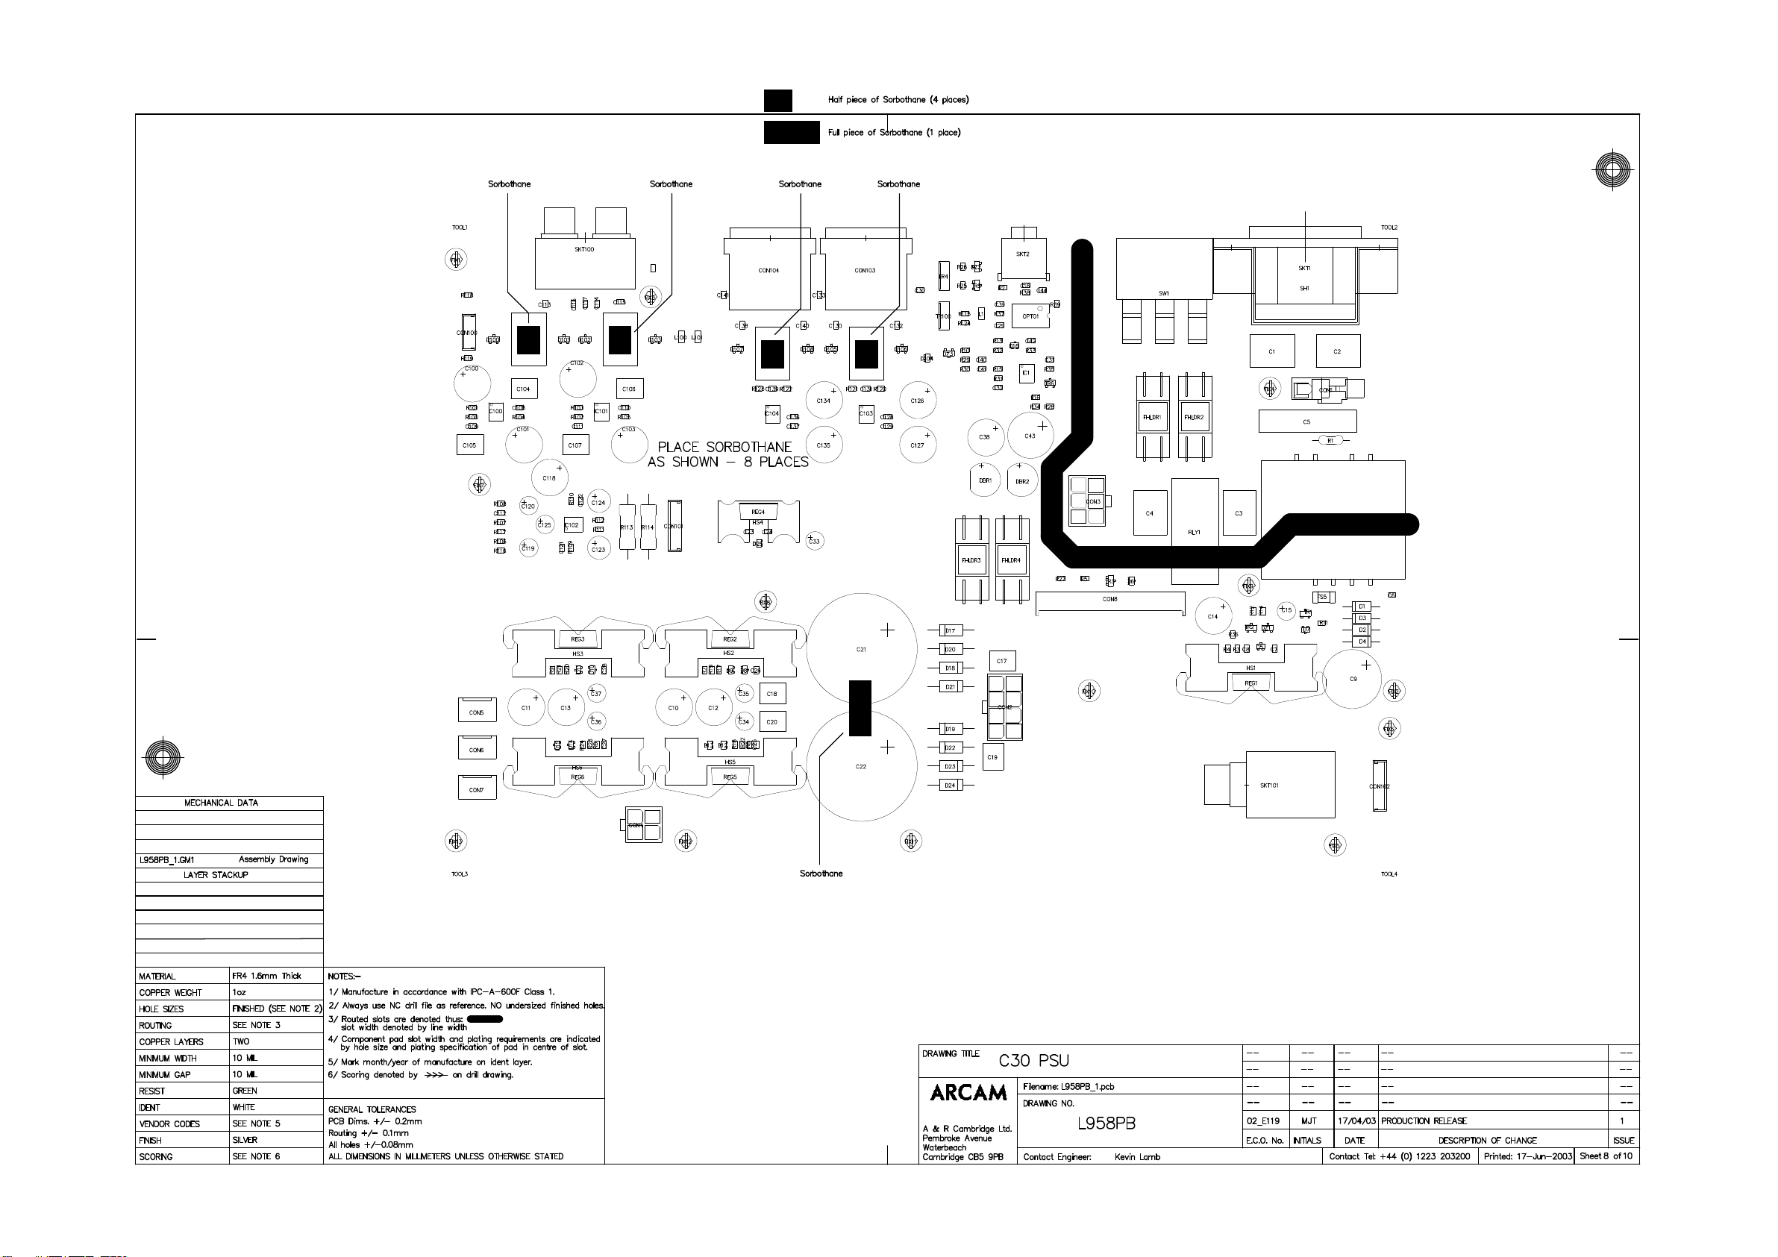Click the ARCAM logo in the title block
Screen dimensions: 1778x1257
(x=968, y=1093)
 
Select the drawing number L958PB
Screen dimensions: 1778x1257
(x=1106, y=1123)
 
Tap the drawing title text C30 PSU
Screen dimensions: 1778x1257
(x=1033, y=1061)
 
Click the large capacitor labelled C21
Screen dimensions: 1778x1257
(x=861, y=649)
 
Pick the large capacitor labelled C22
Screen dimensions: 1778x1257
(x=861, y=767)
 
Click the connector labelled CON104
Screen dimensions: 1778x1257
(x=769, y=271)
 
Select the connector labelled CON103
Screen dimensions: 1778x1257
(x=865, y=271)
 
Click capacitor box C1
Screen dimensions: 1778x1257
(x=1271, y=351)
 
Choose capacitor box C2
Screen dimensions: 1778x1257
(x=1337, y=351)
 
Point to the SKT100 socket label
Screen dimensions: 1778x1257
(x=585, y=250)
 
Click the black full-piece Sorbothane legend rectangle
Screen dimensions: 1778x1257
(x=792, y=133)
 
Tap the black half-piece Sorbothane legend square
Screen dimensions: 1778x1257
(x=777, y=101)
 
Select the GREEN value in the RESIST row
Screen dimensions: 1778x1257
(x=245, y=1091)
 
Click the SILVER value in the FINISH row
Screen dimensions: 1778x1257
(x=245, y=1140)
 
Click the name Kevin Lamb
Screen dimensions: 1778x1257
(x=1137, y=1157)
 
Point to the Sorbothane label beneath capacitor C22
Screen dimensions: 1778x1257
(x=821, y=874)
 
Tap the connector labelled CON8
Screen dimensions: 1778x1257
(x=1109, y=600)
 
